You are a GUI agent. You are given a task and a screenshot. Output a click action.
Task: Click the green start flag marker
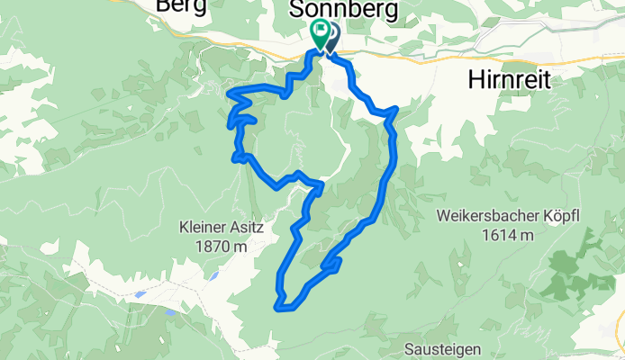pos(320,32)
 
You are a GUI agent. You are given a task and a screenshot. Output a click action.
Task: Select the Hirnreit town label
pos(508,80)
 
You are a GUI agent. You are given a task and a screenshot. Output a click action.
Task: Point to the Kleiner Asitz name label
pos(221,229)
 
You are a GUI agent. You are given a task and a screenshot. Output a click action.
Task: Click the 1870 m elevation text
pos(221,246)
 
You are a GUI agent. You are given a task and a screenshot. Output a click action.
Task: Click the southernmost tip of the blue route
pos(284,309)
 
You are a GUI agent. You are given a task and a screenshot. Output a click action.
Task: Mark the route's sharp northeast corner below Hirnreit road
pos(394,110)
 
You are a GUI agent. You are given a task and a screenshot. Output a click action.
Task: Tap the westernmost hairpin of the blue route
pos(231,94)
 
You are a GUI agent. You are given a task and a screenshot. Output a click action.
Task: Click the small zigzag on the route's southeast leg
pos(334,264)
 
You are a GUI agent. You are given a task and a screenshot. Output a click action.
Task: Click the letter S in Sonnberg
pos(295,10)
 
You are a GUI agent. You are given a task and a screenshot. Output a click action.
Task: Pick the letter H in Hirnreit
pos(475,80)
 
